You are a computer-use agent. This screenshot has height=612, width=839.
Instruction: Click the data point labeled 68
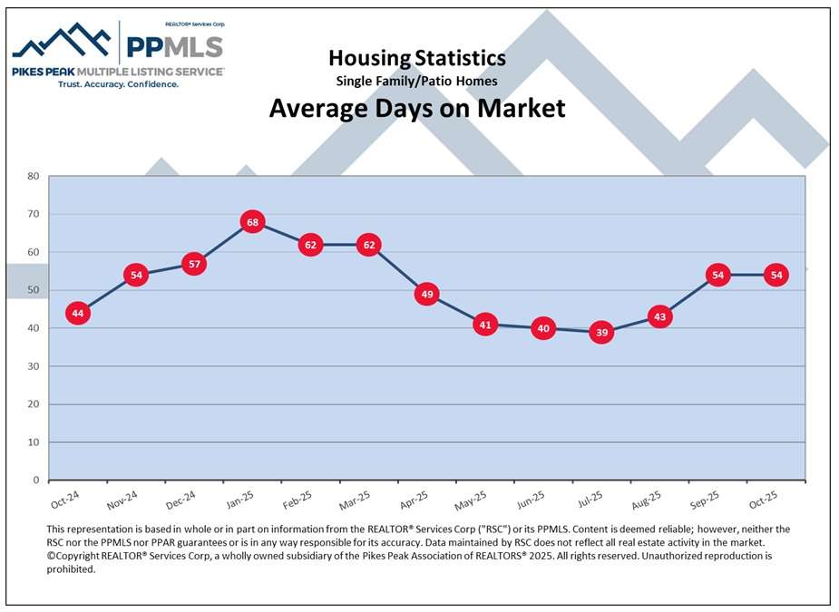tap(252, 222)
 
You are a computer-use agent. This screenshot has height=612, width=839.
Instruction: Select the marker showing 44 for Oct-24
tap(78, 314)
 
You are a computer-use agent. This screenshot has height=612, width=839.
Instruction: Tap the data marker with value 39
tap(601, 333)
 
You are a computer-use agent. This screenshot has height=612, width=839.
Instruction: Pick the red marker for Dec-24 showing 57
tap(193, 264)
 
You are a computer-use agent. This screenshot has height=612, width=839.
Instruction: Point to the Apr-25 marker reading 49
tap(427, 294)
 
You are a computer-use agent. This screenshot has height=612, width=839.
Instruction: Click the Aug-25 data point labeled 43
tap(659, 317)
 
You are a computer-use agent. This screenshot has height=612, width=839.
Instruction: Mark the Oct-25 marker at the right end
tap(776, 275)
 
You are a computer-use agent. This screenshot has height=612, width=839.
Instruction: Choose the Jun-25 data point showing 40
tap(543, 328)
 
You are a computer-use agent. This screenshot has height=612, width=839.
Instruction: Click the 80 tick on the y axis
tap(33, 176)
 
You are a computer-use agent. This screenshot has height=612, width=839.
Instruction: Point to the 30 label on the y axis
tap(33, 366)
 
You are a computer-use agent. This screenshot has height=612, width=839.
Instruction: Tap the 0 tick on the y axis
tap(36, 481)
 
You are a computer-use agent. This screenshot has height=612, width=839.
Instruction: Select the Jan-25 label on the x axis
tap(240, 502)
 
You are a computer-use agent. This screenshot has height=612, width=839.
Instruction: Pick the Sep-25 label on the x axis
tap(705, 502)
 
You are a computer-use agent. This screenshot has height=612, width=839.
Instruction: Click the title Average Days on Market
tap(417, 109)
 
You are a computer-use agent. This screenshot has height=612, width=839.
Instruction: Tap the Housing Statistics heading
tap(417, 58)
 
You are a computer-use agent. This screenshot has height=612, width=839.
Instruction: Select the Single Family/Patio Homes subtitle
tap(417, 81)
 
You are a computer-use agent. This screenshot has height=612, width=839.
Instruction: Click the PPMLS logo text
tap(173, 47)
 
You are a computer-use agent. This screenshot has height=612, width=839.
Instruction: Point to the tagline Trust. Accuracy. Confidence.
tap(118, 83)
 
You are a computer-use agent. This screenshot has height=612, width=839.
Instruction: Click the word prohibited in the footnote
tap(71, 569)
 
